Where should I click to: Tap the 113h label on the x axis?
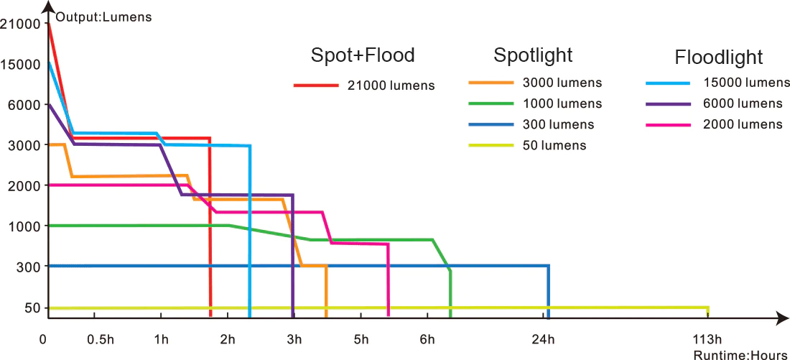point(707,339)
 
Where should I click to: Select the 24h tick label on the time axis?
point(544,339)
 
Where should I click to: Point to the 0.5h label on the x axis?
point(101,339)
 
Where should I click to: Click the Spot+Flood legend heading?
point(363,55)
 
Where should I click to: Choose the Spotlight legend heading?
point(533,55)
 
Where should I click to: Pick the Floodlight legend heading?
point(718,57)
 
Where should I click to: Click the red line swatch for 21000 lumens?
point(315,86)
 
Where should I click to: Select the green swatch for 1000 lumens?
point(491,103)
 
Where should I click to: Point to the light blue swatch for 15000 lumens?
point(667,83)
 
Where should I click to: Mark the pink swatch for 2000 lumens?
point(667,124)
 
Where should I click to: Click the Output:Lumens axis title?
point(103,17)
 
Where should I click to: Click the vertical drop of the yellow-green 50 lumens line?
point(708,312)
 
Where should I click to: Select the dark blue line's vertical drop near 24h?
point(548,291)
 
